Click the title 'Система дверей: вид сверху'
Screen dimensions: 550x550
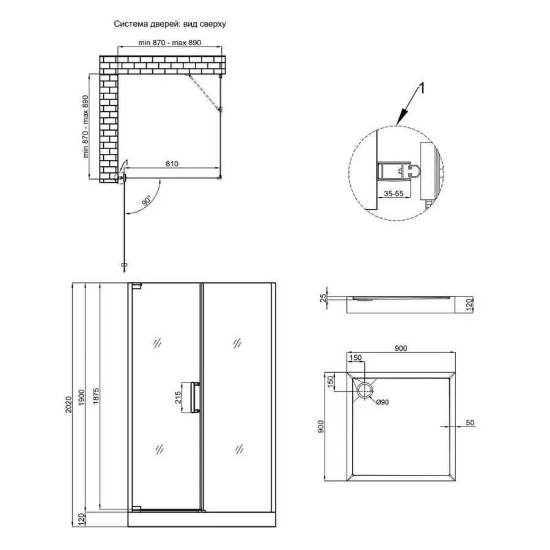point(170,24)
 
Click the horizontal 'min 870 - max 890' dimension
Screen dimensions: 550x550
point(170,43)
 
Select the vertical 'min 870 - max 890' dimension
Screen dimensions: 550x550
point(85,127)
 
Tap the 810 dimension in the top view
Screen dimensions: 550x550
point(172,164)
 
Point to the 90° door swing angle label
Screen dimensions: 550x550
point(147,200)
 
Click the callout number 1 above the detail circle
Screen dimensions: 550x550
point(422,89)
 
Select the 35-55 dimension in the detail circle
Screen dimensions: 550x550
point(394,193)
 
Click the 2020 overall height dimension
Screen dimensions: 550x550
point(68,404)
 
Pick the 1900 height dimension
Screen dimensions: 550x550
point(82,397)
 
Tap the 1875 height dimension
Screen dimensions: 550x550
point(96,395)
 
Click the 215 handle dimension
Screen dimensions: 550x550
point(178,397)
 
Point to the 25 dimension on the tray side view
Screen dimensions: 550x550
point(323,298)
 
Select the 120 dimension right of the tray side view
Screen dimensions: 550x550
point(470,304)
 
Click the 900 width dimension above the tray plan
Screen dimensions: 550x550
point(401,348)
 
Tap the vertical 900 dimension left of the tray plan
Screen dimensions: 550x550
point(321,426)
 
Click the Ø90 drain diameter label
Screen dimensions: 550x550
point(383,402)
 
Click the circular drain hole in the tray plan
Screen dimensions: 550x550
point(365,391)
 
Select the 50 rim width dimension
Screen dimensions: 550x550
point(470,423)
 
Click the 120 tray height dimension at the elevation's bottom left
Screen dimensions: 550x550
point(81,519)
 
